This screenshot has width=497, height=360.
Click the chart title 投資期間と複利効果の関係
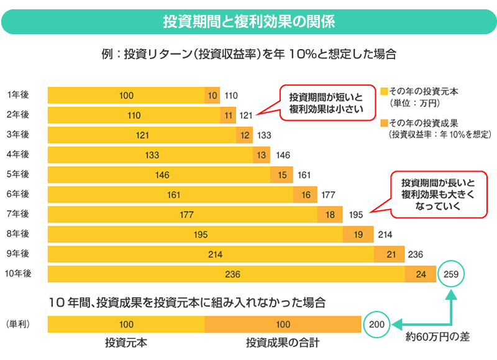248,21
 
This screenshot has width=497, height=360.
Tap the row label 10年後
19,274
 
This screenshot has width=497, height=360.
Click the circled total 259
451,274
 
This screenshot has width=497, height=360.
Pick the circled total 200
376,324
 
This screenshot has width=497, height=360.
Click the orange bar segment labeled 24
420,274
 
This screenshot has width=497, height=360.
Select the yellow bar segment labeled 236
226,274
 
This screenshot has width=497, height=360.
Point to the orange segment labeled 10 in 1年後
213,95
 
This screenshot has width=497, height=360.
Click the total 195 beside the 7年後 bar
356,215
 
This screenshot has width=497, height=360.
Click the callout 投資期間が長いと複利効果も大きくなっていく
437,194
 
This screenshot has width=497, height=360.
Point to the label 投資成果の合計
283,343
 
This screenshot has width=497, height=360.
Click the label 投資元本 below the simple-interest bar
126,343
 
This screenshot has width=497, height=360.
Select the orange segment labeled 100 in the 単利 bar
283,324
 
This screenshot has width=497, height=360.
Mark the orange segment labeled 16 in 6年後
306,195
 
